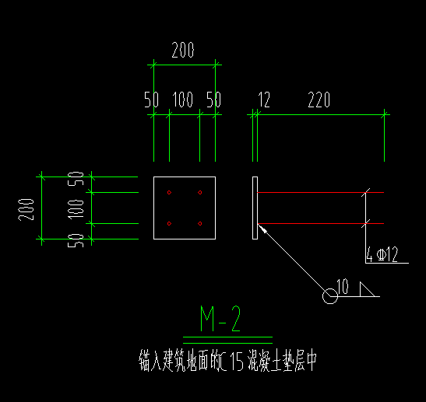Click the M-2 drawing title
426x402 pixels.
pos(220,319)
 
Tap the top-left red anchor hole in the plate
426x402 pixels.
pos(169,193)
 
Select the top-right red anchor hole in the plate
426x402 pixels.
pos(200,193)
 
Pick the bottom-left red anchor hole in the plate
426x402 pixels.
pos(169,223)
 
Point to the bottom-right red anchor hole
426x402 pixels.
pos(200,223)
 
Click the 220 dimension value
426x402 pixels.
pos(319,100)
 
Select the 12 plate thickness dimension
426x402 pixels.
pos(264,100)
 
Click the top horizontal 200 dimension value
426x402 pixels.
pos(183,50)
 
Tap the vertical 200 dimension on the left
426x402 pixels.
pos(26,210)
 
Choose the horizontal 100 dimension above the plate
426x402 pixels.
pos(183,100)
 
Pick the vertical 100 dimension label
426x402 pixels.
pos(76,209)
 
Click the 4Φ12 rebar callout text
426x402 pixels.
pos(382,254)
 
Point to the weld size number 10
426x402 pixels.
pos(343,286)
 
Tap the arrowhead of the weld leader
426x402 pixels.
pos(262,229)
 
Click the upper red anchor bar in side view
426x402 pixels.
pos(321,192)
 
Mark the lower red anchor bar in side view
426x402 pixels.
pos(321,223)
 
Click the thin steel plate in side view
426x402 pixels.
pos(255,208)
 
